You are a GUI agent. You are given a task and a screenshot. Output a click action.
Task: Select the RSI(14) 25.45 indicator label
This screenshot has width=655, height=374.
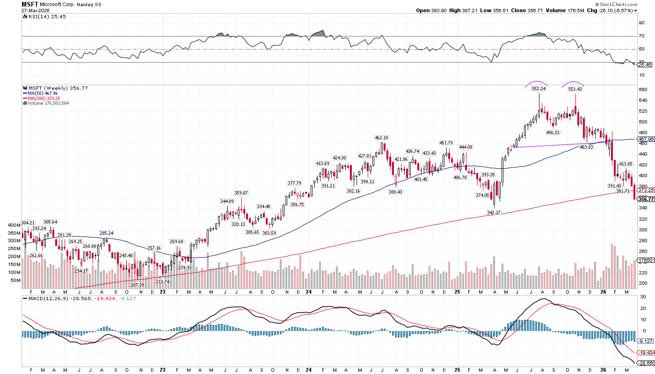42,15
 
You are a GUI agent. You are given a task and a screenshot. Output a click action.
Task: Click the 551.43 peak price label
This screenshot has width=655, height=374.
575,89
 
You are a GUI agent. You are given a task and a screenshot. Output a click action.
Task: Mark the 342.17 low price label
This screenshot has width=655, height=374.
494,212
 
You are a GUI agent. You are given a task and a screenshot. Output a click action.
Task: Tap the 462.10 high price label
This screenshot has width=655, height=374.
382,138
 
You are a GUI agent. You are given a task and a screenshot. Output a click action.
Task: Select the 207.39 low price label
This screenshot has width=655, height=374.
138,285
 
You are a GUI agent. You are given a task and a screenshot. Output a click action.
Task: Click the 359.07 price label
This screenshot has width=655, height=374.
241,193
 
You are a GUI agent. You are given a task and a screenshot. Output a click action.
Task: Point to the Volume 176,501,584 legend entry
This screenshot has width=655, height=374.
49,103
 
